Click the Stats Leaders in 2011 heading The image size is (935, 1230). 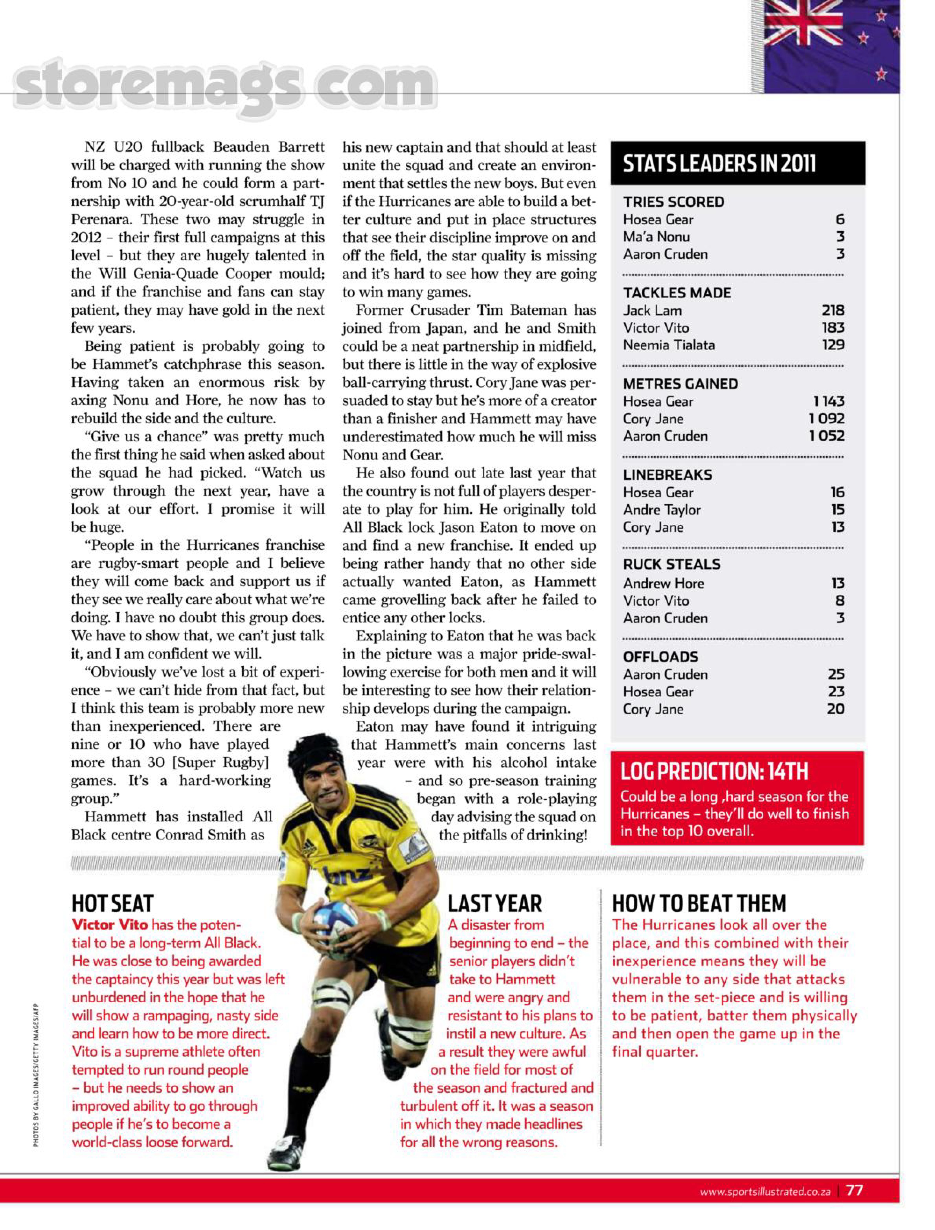coord(719,164)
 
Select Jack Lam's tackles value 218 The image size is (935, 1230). coord(833,310)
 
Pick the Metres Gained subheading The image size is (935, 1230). coord(680,384)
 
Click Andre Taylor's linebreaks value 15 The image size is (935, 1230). coord(837,509)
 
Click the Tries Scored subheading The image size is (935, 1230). coord(673,202)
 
